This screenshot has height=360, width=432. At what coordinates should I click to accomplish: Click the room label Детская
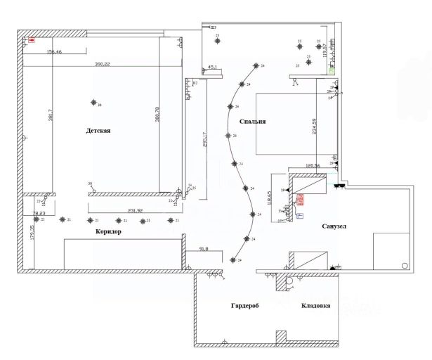99,131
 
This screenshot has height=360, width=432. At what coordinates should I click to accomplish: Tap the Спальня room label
251,122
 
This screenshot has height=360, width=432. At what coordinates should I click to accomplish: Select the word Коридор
108,232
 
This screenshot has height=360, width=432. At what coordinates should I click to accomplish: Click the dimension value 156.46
54,52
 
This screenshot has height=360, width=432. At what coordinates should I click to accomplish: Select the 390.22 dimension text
103,64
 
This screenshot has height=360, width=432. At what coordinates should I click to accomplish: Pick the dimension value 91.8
204,249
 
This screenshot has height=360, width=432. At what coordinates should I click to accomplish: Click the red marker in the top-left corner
32,40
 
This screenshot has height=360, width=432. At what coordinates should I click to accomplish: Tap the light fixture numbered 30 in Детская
93,103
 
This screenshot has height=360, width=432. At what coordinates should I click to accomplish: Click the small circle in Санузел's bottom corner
404,265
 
